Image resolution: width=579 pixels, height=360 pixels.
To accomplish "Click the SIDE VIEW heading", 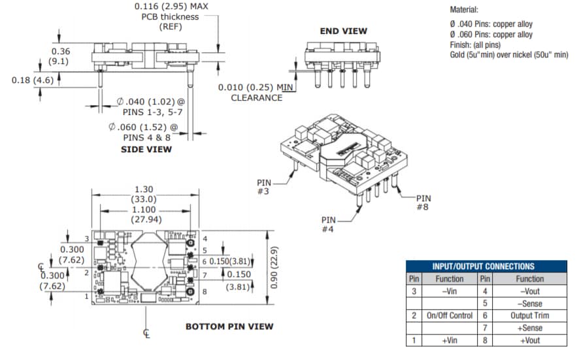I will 146,150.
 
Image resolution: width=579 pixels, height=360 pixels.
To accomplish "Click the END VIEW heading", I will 343,31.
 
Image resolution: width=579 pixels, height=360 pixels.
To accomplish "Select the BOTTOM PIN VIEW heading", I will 229,326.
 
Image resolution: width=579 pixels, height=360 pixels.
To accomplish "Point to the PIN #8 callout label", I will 423,203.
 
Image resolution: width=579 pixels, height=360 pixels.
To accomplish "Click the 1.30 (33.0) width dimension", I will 145,194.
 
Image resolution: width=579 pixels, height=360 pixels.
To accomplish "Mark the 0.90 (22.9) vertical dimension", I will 275,267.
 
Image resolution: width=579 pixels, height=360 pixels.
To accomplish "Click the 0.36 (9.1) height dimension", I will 60,56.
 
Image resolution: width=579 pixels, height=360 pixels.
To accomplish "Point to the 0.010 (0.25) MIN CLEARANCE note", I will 256,92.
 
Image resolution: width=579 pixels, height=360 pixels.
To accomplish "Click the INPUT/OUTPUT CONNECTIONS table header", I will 483,266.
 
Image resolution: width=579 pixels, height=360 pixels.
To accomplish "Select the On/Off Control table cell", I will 449,316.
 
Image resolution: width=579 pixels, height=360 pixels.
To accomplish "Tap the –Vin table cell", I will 449,291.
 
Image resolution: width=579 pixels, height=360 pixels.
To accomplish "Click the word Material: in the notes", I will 465,10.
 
